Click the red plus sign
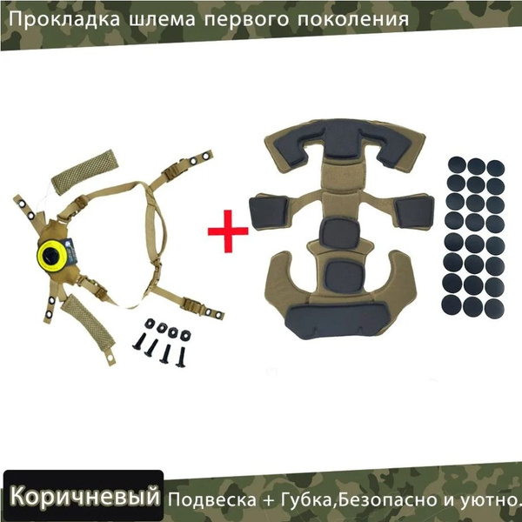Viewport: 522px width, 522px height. pos(228,231)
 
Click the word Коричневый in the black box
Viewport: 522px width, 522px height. pos(84,496)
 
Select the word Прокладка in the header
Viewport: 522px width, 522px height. pos(64,19)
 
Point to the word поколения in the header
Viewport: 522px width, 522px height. pos(353,19)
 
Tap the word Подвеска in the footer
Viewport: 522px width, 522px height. pos(212,499)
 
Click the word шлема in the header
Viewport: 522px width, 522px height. pos(162,20)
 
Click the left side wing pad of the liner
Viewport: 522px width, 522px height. pos(268,212)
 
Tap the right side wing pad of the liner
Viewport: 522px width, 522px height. pos(414,212)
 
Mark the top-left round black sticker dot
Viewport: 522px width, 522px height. pos(458,164)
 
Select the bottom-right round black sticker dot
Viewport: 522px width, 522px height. pos(494,309)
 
